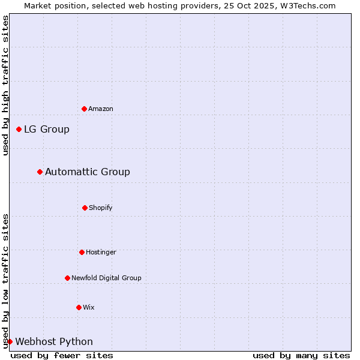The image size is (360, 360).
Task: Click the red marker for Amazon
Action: (84, 109)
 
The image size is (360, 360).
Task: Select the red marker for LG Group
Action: (19, 129)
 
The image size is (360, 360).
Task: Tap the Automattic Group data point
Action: (40, 172)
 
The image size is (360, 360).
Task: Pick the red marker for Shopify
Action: (85, 208)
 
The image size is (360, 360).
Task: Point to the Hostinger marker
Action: (82, 252)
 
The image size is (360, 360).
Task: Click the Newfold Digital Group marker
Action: (67, 278)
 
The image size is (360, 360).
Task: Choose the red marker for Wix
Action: (79, 307)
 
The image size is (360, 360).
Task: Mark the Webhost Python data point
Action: (10, 341)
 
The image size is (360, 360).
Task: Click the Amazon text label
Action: (101, 109)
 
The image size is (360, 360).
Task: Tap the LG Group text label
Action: (47, 129)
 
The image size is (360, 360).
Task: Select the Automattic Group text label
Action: (88, 172)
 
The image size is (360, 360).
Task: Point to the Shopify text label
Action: (101, 208)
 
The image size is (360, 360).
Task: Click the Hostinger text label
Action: (101, 252)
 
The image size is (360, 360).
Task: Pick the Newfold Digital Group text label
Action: (106, 278)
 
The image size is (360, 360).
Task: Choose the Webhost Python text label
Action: (54, 341)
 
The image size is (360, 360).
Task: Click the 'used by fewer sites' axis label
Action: (62, 355)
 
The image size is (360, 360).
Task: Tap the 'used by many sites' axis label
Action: (301, 355)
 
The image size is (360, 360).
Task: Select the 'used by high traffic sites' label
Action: (5, 85)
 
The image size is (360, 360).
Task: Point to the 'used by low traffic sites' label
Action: (5, 281)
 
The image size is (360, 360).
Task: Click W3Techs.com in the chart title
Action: (305, 5)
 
